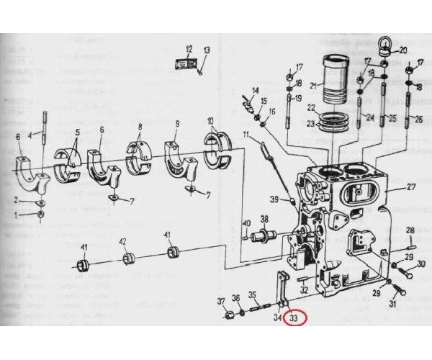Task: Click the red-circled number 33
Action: point(294,317)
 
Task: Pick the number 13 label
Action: point(206,50)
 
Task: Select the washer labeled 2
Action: point(41,204)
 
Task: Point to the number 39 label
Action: point(274,199)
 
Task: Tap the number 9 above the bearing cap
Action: point(176,124)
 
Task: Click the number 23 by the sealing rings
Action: point(311,123)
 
